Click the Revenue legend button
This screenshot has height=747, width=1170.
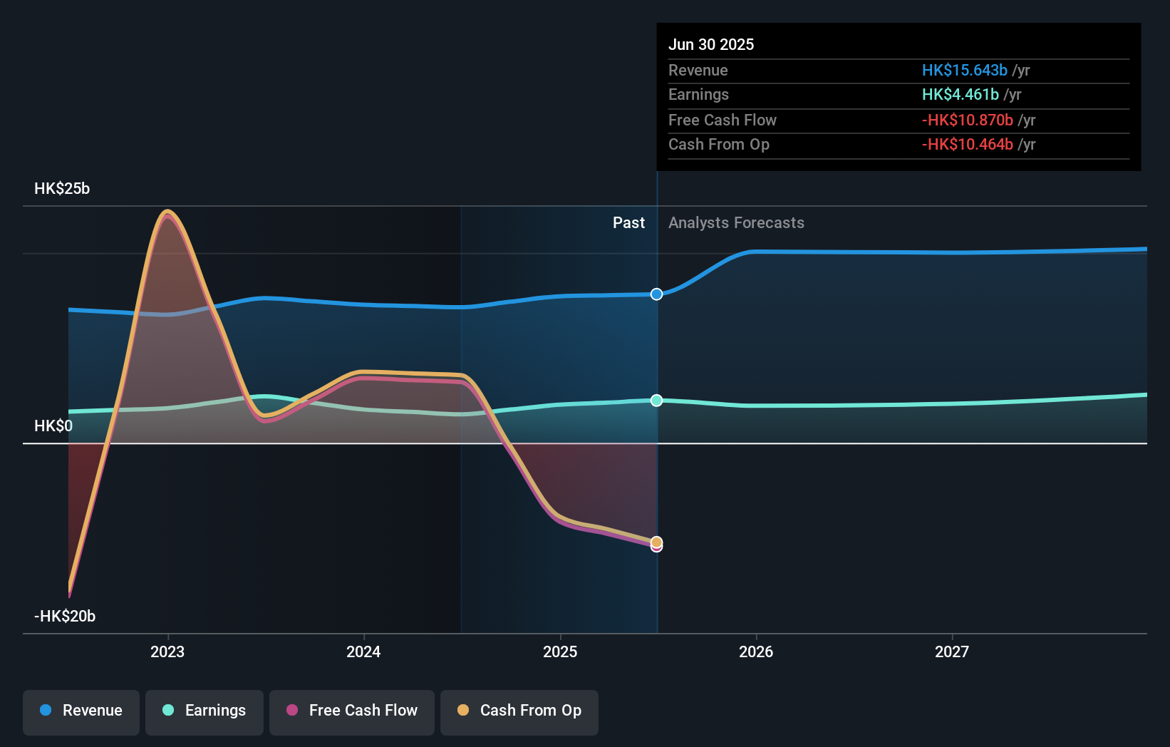coord(81,711)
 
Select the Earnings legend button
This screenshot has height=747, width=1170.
coord(205,711)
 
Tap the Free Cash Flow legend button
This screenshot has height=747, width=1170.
coord(352,711)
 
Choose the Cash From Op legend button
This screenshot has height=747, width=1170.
coord(519,711)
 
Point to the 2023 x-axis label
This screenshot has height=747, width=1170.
coord(167,651)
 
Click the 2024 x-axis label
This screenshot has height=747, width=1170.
coord(363,651)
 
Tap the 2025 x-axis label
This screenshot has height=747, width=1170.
coord(560,651)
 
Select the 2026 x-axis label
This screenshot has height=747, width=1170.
coord(756,651)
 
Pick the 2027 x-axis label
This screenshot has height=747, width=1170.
coord(952,651)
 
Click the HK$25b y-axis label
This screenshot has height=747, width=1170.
coord(62,189)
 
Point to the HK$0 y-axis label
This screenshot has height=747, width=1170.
coord(53,426)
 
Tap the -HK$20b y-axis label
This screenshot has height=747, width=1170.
coord(65,617)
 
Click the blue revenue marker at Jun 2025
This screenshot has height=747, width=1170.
coord(656,294)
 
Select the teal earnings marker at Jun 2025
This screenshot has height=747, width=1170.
coord(656,401)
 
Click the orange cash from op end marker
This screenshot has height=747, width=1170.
coord(656,542)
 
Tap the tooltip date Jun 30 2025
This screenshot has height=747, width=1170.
coord(711,44)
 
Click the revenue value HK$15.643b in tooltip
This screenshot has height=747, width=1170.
coord(964,71)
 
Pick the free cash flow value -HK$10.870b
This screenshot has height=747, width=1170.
coord(967,120)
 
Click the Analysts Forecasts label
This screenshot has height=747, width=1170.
coord(736,223)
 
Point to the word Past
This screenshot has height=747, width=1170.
coord(628,223)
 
